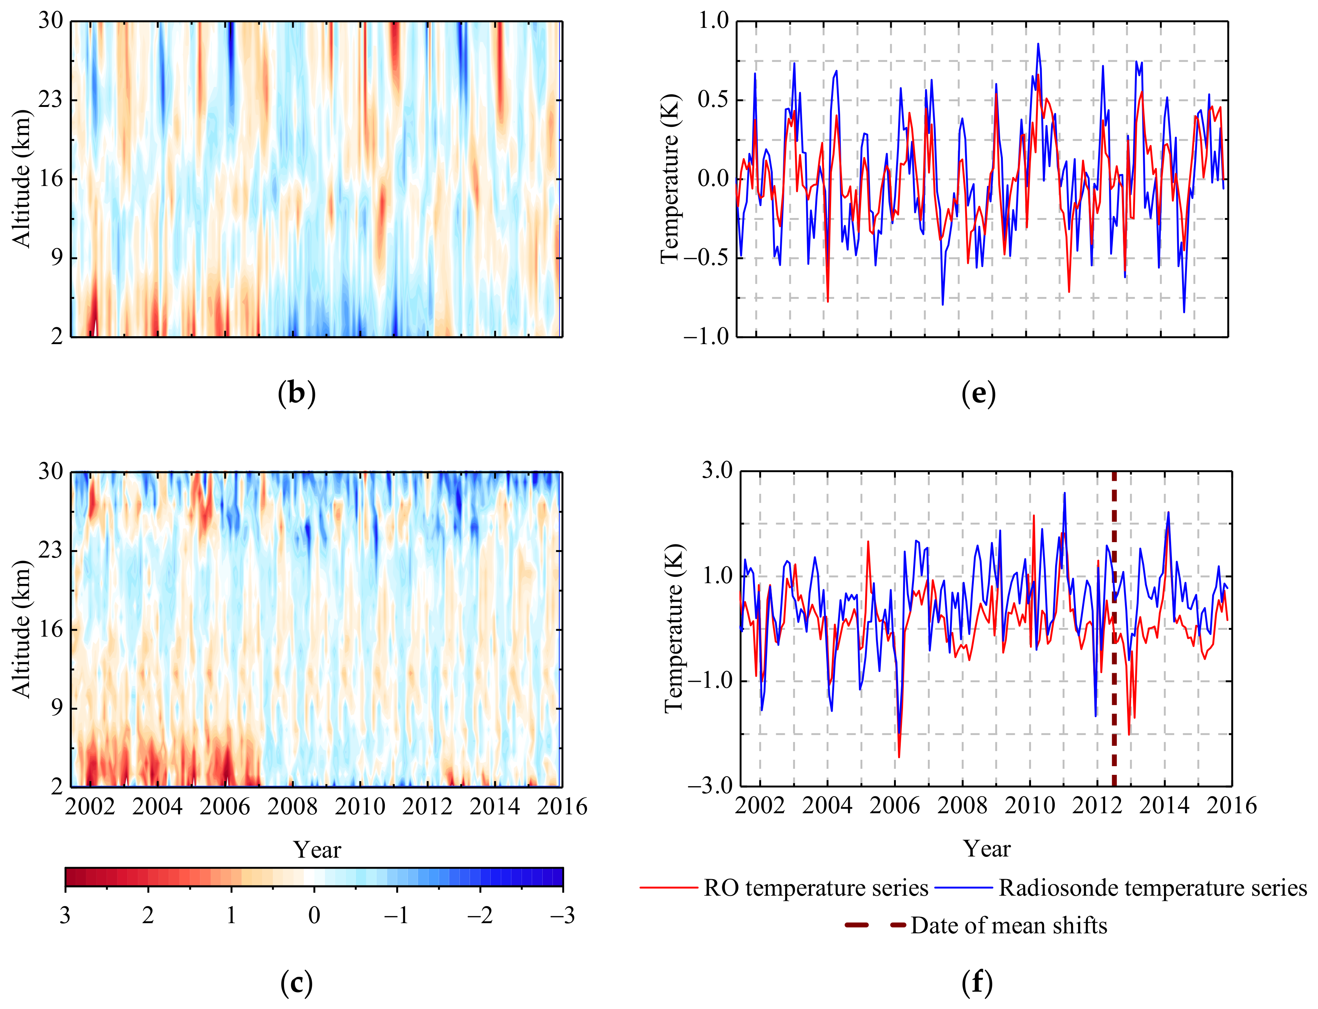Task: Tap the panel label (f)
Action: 977,983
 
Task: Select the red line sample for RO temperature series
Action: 669,888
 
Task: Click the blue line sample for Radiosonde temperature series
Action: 964,888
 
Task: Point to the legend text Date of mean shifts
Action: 1008,925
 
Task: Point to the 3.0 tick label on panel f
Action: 717,470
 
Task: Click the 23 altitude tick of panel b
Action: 50,100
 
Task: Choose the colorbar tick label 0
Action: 314,915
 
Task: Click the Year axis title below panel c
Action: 317,850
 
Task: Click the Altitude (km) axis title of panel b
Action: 21,178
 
